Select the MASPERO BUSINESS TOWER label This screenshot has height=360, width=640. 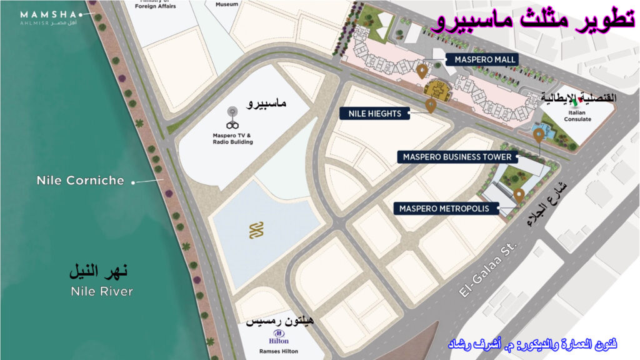pyautogui.click(x=457, y=157)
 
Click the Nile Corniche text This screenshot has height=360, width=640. pyautogui.click(x=80, y=181)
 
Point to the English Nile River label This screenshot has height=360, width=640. pyautogui.click(x=102, y=291)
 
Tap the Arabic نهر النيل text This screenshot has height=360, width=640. pyautogui.click(x=98, y=272)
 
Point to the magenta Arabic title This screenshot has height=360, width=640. pyautogui.click(x=532, y=21)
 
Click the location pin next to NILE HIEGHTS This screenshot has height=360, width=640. pyautogui.click(x=431, y=105)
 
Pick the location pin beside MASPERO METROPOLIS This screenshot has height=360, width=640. pyautogui.click(x=519, y=196)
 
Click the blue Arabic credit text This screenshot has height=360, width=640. pyautogui.click(x=533, y=344)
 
